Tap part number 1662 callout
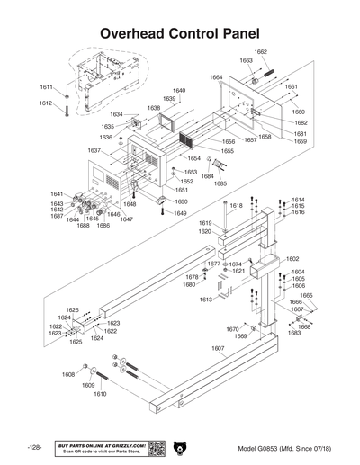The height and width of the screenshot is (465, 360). [x=260, y=52]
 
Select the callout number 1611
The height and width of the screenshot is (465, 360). [x=46, y=87]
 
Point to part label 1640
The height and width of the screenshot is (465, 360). [x=179, y=91]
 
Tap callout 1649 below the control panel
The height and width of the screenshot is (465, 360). [x=180, y=213]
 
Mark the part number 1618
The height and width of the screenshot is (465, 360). [x=236, y=206]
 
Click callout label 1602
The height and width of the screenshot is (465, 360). [x=292, y=258]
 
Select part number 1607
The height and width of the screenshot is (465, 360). [x=218, y=348]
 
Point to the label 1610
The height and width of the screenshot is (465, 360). [x=100, y=394]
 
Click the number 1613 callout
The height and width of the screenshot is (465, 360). [x=206, y=299]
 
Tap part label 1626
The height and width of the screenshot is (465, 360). [x=73, y=310]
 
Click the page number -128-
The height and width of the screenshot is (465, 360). [x=34, y=447]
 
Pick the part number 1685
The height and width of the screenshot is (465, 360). [x=220, y=183]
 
